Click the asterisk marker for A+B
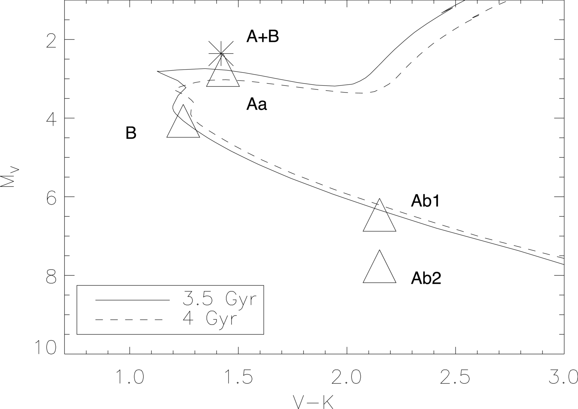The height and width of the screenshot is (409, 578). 221,54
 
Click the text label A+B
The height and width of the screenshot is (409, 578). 263,37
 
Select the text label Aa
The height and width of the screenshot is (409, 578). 256,105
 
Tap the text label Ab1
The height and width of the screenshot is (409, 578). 426,201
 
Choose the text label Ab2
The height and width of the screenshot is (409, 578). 426,278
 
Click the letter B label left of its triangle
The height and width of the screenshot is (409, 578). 131,133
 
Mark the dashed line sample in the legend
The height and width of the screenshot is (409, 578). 128,320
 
